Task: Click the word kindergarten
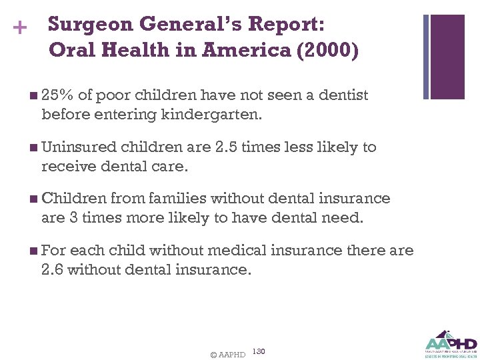pos(212,115)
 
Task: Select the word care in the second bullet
pos(169,166)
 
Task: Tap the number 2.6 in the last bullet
pos(53,269)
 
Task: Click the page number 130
pos(259,351)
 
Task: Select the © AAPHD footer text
pos(227,355)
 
